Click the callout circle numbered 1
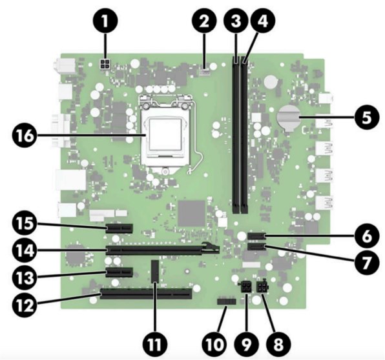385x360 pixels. point(105,21)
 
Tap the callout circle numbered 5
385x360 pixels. point(366,117)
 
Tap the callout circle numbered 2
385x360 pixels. point(204,21)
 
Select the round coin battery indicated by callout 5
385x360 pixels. point(288,118)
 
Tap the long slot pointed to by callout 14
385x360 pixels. point(163,250)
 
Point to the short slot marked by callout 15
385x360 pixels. point(120,228)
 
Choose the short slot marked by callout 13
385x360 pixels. point(120,272)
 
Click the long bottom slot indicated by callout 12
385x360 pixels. point(146,294)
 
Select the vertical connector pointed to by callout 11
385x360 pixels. point(154,271)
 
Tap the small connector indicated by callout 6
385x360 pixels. point(256,236)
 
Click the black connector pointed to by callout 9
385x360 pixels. point(246,286)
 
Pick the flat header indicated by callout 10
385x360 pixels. point(226,301)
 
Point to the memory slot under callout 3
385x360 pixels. point(236,134)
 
